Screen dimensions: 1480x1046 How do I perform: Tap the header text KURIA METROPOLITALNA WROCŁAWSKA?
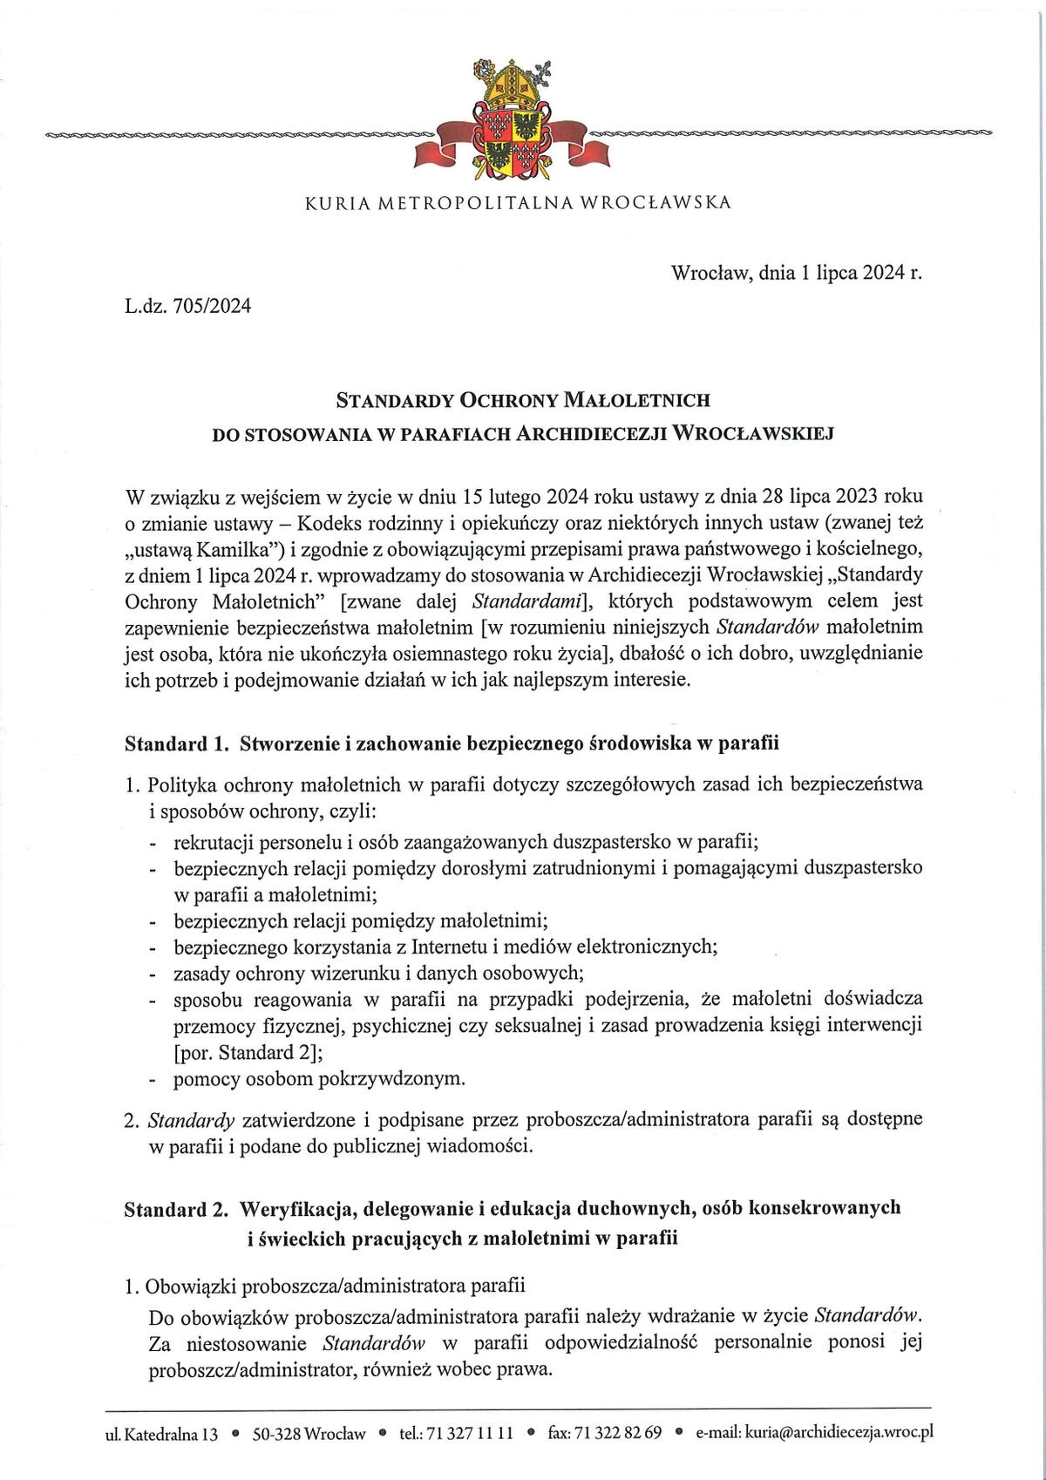pos(518,203)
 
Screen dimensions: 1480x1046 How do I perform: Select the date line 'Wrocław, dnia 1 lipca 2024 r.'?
pos(796,273)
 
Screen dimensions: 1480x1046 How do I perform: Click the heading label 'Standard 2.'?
pos(177,1208)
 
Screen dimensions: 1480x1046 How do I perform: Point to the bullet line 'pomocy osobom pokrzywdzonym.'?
pos(320,1079)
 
